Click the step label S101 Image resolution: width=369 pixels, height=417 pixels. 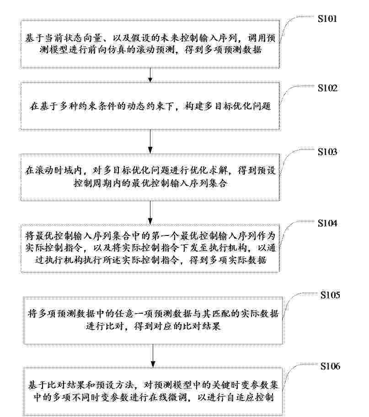click(x=327, y=19)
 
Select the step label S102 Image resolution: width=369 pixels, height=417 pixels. click(x=327, y=88)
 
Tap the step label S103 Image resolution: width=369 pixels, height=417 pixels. click(x=327, y=152)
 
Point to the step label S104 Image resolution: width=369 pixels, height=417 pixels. click(x=327, y=223)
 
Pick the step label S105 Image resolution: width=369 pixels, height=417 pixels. click(x=330, y=295)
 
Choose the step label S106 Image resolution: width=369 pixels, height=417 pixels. click(x=330, y=366)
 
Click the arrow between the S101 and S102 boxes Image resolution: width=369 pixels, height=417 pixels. click(x=150, y=75)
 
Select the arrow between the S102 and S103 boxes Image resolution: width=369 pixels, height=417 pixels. click(x=150, y=142)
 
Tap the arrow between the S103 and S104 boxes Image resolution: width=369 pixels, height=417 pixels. click(x=150, y=213)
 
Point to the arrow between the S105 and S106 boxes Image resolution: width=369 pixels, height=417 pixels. click(x=153, y=356)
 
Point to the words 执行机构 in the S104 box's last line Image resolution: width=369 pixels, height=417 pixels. click(x=63, y=260)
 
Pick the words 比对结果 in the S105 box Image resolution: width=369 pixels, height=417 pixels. click(x=201, y=326)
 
